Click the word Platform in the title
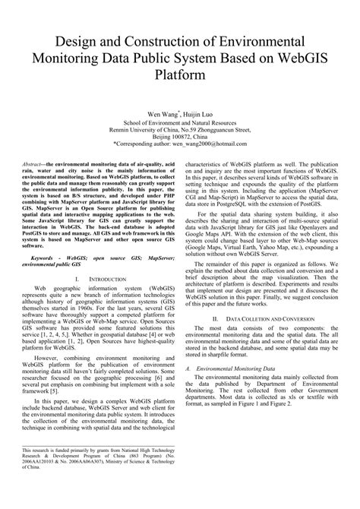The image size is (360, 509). [180, 76]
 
